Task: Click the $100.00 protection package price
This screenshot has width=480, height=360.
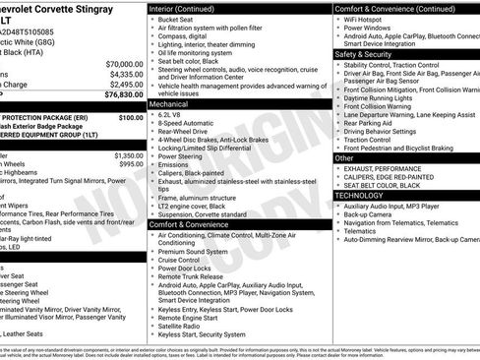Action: pos(131,117)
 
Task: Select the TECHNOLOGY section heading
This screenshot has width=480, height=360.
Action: pos(358,195)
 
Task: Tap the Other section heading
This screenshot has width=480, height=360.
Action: pos(344,157)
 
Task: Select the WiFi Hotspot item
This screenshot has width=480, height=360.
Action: pos(368,19)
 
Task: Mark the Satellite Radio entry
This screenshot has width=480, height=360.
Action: pos(184,326)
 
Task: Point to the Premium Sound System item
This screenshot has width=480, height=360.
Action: pos(197,251)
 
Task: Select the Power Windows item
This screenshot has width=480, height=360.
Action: pos(371,28)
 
